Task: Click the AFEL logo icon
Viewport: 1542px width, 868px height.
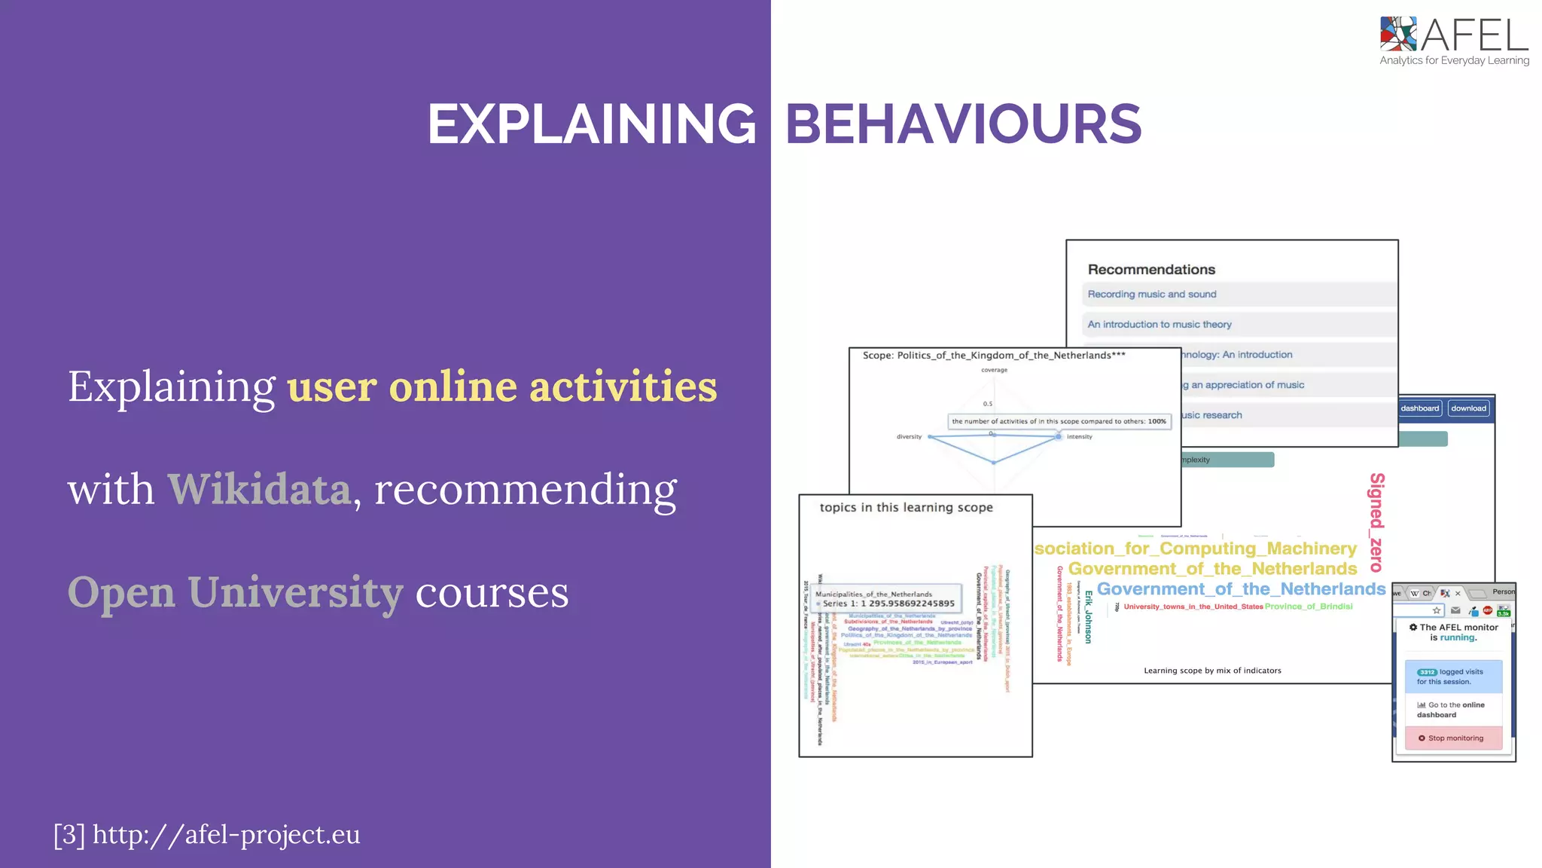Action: pos(1397,34)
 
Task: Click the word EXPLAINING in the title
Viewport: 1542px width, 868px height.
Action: pos(592,124)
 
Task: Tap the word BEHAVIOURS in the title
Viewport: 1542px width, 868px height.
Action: pos(963,124)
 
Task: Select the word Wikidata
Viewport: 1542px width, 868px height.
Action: pos(259,489)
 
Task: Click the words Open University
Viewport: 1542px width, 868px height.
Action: pos(235,592)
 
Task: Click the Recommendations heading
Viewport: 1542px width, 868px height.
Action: pos(1150,270)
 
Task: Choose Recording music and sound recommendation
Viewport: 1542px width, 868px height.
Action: pos(1151,295)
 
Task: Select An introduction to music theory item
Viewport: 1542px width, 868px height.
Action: pos(1159,325)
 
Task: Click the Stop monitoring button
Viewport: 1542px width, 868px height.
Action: pos(1453,738)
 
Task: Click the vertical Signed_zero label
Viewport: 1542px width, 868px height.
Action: pos(1376,521)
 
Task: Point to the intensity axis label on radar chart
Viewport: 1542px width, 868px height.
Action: pos(1079,437)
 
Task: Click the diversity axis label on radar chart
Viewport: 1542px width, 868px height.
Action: pos(909,437)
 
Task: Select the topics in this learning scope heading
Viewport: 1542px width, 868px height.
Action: pos(906,508)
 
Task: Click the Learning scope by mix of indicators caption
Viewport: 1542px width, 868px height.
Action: pos(1211,671)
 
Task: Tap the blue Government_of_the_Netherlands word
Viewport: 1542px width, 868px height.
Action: pos(1240,589)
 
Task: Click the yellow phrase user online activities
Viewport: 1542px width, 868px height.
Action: pos(501,387)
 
